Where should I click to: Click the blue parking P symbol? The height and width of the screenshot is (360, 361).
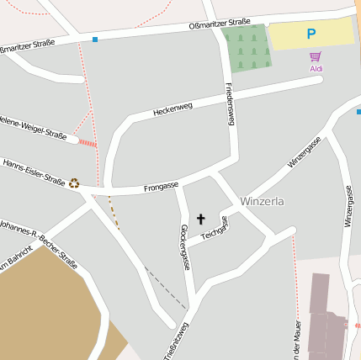click(311, 34)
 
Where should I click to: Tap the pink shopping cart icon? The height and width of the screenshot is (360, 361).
click(316, 56)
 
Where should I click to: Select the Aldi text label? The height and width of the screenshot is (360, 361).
click(316, 69)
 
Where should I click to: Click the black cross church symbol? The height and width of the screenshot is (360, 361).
click(200, 219)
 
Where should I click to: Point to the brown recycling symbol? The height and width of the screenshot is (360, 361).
click(74, 183)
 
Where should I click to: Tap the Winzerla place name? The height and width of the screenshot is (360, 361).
click(262, 202)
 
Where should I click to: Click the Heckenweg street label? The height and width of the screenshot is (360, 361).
click(173, 109)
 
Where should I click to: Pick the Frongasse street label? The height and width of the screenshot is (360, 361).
click(161, 186)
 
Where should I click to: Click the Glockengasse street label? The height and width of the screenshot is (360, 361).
click(184, 246)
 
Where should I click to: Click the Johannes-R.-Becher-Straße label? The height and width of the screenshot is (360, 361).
click(38, 245)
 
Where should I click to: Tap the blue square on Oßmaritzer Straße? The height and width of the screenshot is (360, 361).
click(95, 40)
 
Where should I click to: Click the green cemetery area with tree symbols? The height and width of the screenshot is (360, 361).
click(247, 48)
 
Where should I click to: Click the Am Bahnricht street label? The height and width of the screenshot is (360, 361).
click(15, 262)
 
